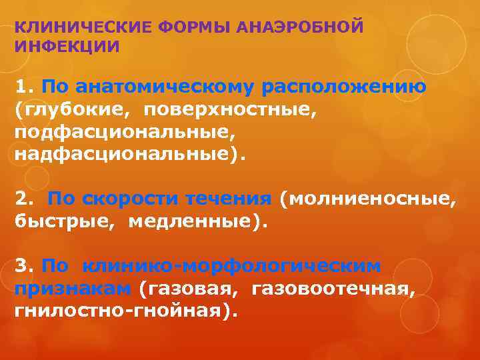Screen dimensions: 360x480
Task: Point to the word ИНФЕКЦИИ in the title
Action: click(x=67, y=47)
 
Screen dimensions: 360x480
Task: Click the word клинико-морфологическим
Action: click(x=232, y=265)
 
